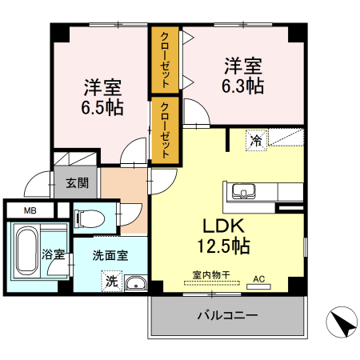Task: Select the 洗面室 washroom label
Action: pos(110,256)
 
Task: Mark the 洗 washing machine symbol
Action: pos(110,282)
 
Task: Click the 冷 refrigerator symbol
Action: pos(257,140)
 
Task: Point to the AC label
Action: pos(258,279)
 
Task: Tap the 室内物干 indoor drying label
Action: pos(211,274)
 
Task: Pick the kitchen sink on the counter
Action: pos(242,191)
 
